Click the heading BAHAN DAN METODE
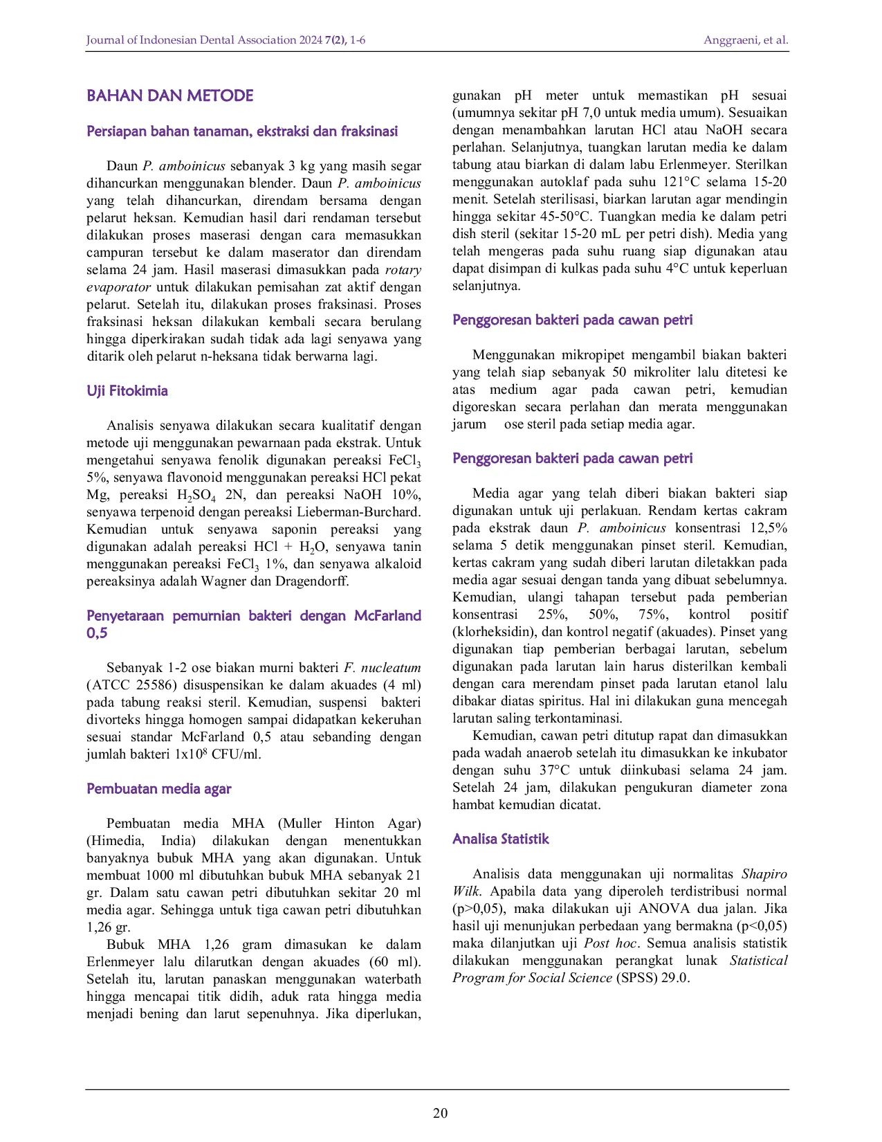click(169, 96)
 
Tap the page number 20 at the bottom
click(440, 1113)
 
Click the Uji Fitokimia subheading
click(127, 391)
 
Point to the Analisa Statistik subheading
click(500, 840)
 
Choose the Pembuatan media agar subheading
click(158, 789)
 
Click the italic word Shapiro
click(764, 874)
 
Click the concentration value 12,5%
click(769, 528)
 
